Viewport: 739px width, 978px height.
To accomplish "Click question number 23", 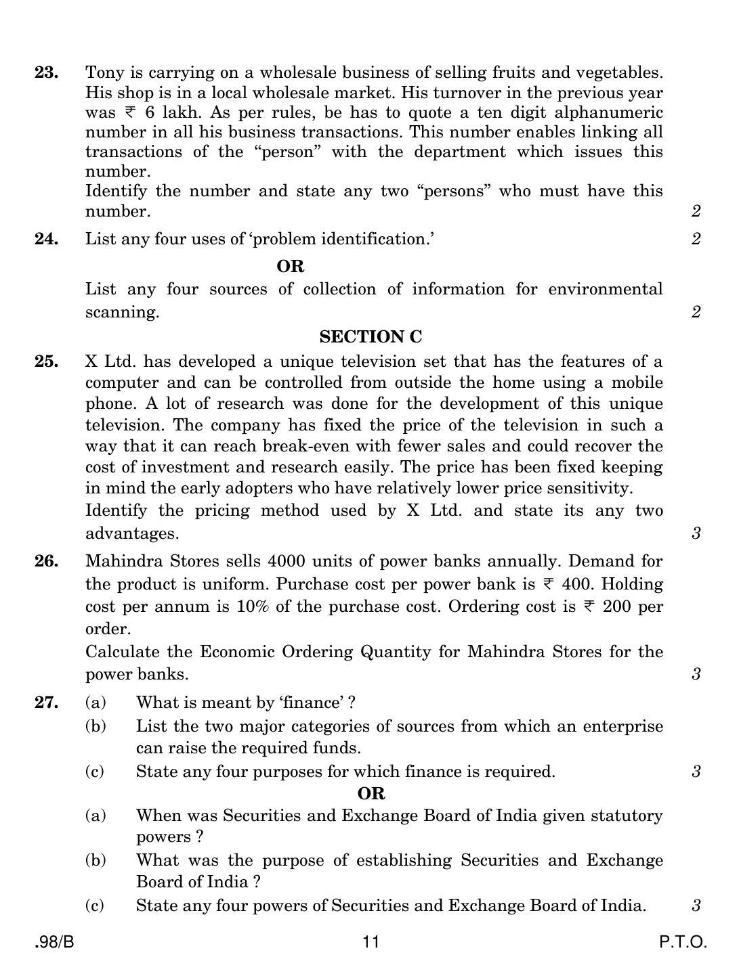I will [x=46, y=72].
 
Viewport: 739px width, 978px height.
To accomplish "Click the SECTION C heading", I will [x=370, y=336].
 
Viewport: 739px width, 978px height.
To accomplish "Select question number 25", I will [x=46, y=361].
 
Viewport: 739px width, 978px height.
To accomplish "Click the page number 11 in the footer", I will [x=371, y=941].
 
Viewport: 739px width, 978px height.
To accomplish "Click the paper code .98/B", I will [x=54, y=941].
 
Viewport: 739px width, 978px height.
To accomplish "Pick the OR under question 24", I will [x=291, y=266].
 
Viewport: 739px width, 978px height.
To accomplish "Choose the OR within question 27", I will [x=371, y=793].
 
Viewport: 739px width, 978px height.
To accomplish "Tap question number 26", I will [x=46, y=561].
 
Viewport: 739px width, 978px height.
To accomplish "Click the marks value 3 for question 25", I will [x=696, y=533].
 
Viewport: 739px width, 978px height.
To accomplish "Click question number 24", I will [x=46, y=238].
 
